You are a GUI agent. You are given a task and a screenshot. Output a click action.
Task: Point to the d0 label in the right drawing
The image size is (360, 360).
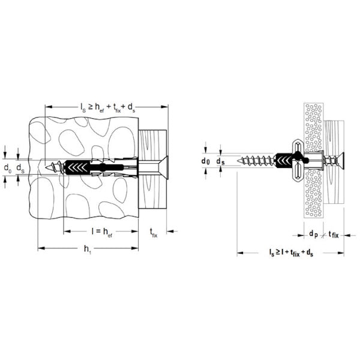click(205, 161)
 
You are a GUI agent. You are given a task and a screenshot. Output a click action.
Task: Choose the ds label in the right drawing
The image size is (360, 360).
click(221, 161)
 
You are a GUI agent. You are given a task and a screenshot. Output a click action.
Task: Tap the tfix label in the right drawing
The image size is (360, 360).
click(332, 234)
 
